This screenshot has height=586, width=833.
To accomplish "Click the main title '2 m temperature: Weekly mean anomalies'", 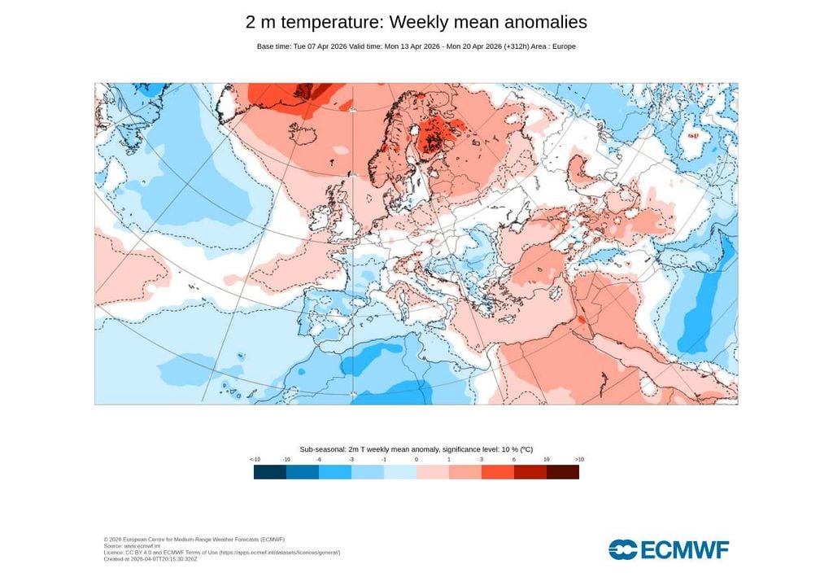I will (x=416, y=22).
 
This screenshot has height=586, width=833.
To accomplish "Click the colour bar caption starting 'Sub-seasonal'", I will (x=416, y=449).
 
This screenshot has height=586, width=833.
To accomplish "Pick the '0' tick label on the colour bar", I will (x=416, y=460).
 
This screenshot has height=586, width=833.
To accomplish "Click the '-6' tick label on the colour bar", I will (x=319, y=460).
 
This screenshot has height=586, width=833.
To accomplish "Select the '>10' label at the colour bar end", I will (x=578, y=460).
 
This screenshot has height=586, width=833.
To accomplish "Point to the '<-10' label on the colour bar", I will (x=255, y=460).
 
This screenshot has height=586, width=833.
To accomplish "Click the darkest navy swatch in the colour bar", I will (x=270, y=472).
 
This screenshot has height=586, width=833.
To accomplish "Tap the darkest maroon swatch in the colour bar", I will (x=563, y=472).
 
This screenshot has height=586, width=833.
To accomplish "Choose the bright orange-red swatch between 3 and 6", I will (x=498, y=472).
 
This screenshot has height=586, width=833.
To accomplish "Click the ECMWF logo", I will (x=669, y=549).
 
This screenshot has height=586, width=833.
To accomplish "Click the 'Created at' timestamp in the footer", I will (x=150, y=559).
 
